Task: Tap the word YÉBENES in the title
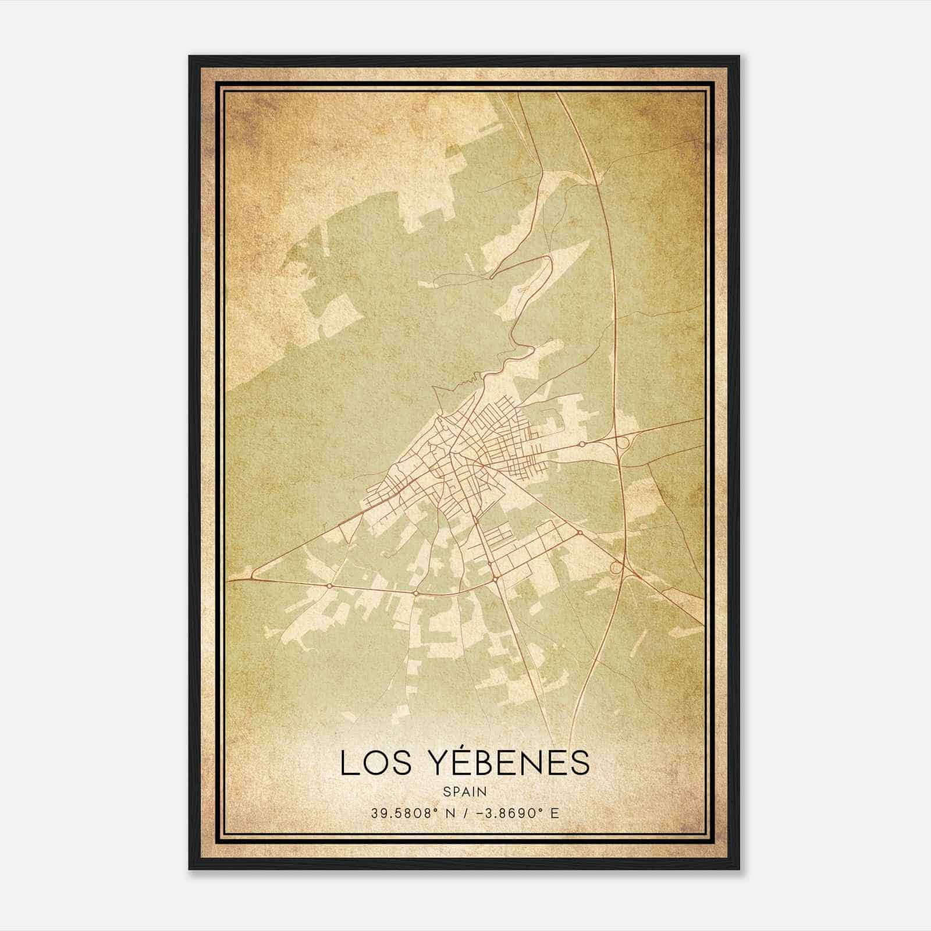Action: (500, 763)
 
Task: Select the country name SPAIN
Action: (465, 792)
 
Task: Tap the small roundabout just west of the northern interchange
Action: (581, 444)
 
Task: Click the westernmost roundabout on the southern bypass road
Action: (329, 585)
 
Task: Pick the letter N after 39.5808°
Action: (446, 813)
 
